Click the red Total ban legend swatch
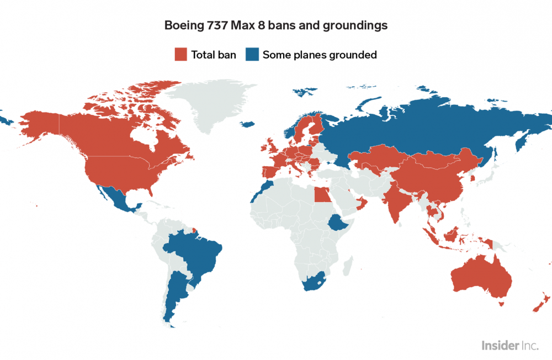click(181, 54)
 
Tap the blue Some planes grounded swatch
click(252, 54)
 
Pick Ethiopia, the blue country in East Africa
click(336, 223)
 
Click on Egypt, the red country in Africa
click(320, 194)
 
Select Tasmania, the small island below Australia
click(501, 303)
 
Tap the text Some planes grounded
click(320, 55)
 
